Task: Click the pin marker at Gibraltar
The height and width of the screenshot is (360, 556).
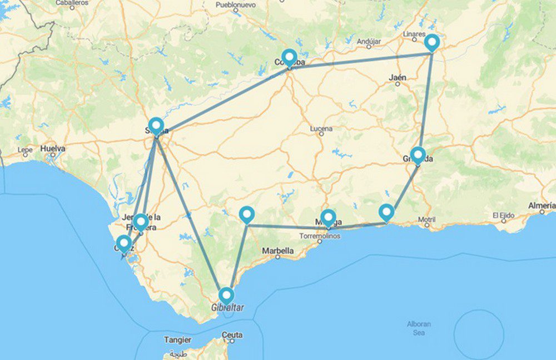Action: (x=226, y=295)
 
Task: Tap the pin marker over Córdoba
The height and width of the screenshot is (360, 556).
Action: (x=289, y=57)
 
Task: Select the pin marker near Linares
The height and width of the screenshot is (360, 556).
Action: (x=431, y=42)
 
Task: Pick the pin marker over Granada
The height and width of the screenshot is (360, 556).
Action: (x=418, y=155)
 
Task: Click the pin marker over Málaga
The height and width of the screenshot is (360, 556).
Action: (x=328, y=217)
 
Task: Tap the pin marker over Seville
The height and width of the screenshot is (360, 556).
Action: (x=156, y=126)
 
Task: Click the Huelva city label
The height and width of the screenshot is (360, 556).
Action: (x=53, y=149)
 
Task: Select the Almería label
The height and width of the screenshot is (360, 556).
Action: (x=541, y=206)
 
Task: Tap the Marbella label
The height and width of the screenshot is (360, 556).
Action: (x=278, y=251)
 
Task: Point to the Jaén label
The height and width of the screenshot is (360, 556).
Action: (x=398, y=78)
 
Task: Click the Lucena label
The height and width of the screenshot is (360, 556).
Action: (x=321, y=129)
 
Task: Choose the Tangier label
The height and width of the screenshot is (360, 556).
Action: (x=177, y=340)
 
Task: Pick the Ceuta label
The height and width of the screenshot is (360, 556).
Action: (x=232, y=335)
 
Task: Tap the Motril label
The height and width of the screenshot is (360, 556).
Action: (x=427, y=219)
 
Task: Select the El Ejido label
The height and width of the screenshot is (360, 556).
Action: (x=503, y=215)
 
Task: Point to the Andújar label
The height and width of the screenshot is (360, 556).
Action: (x=369, y=42)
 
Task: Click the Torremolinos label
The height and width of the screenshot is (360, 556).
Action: (x=319, y=235)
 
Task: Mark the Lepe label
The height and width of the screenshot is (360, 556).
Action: (x=25, y=150)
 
